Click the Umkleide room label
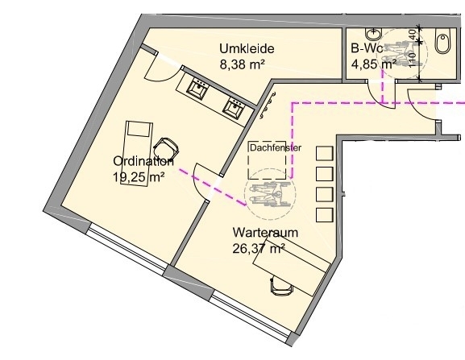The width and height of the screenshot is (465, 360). tap(247, 49)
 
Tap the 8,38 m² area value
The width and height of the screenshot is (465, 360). tap(243, 64)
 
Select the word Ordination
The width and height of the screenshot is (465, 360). tap(143, 161)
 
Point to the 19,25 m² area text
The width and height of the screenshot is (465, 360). tap(139, 177)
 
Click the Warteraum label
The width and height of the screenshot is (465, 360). tap(265, 232)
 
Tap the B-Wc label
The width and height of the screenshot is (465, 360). tap(367, 48)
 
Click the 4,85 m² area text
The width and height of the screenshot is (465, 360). tap(374, 64)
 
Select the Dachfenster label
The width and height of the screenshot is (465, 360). tap(276, 148)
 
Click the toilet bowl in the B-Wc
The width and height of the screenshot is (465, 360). tap(443, 40)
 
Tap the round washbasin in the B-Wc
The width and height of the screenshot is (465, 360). tap(374, 34)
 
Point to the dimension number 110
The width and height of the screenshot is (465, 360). tap(413, 60)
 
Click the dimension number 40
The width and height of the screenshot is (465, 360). tap(413, 35)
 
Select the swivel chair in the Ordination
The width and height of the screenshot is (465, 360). tap(166, 148)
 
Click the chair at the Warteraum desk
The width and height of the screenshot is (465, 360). tap(281, 286)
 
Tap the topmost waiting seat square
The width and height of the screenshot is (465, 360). tap(325, 153)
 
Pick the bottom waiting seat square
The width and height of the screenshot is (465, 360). tap(325, 215)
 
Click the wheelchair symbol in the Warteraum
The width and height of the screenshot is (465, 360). tap(270, 194)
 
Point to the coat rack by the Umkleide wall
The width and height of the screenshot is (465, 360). tap(267, 106)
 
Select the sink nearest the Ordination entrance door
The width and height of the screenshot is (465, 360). tap(197, 89)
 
